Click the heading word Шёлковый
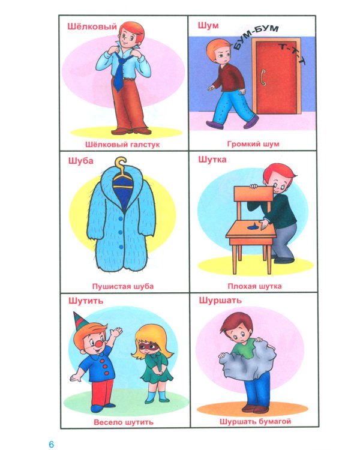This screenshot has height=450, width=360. point(92,26)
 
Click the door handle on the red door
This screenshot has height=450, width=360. point(262,77)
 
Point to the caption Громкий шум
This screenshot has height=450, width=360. point(253,144)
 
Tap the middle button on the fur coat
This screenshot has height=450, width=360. point(120,232)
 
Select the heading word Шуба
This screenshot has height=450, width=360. point(81,160)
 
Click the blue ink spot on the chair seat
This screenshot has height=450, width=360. point(253,227)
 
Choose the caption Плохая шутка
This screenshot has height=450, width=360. point(254,286)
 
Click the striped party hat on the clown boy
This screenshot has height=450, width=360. point(80,322)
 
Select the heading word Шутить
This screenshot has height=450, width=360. point(86,301)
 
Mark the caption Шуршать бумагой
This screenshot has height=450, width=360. point(255,422)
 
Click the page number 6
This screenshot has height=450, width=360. point(52,443)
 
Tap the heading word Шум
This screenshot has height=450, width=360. point(208,26)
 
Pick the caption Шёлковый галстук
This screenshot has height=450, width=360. point(122,145)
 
